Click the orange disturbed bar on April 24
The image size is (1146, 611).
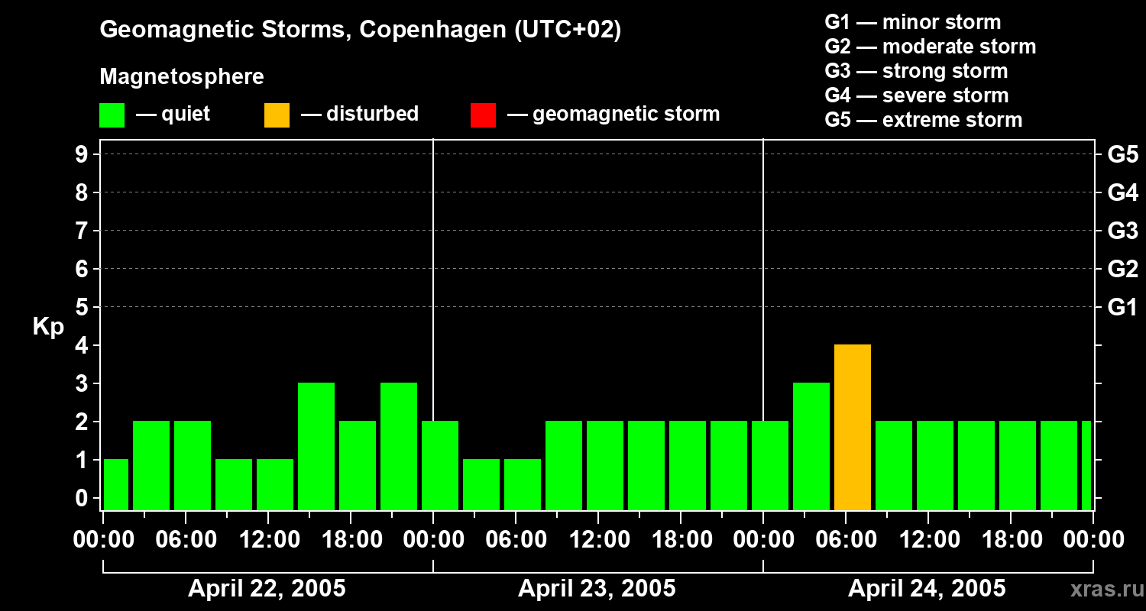(853, 428)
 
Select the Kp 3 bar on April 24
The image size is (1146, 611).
(811, 447)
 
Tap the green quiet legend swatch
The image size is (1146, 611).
(112, 115)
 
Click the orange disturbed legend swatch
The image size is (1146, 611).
(277, 115)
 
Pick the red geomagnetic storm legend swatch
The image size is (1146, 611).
(483, 115)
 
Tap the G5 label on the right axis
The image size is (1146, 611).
(1122, 154)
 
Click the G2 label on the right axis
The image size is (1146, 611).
(1122, 269)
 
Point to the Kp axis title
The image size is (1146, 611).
(47, 327)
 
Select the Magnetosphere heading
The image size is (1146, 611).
(182, 77)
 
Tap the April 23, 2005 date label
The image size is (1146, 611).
(597, 589)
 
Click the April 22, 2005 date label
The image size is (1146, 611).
(267, 589)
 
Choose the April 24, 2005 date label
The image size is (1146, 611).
(927, 589)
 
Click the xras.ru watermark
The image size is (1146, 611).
(1104, 590)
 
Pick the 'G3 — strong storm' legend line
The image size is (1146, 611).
(916, 71)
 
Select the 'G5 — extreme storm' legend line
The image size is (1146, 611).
(923, 120)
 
